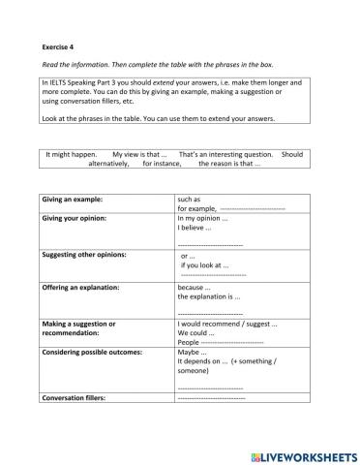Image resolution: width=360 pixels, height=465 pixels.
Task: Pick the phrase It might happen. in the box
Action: [x=72, y=154]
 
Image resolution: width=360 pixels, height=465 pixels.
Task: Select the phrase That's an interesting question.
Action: [x=225, y=154]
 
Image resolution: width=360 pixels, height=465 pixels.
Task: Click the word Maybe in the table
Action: [x=193, y=352]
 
